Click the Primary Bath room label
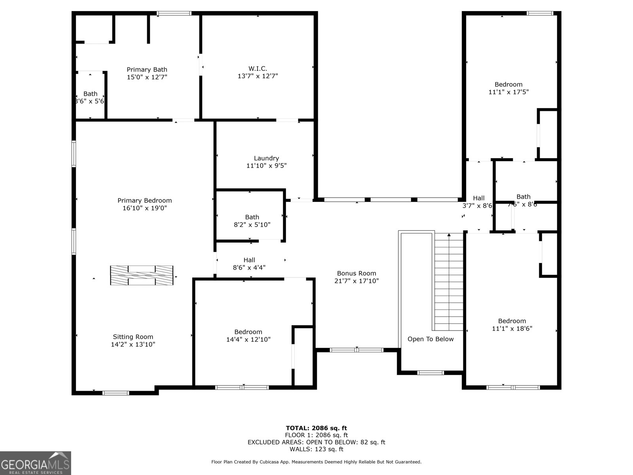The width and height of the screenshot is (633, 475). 147,70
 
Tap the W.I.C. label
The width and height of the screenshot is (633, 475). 258,68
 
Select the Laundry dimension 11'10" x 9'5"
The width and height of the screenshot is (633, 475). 266,166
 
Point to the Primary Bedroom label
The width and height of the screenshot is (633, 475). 144,200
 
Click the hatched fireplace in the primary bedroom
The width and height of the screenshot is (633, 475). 142,275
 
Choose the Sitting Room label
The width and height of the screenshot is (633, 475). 133,337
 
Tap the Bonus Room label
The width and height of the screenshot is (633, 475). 356,273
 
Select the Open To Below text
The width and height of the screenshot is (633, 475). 430,339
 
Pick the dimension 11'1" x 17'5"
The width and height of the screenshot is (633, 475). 508,92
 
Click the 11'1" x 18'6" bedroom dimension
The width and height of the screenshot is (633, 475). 512,329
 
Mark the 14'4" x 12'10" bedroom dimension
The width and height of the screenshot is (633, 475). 248,340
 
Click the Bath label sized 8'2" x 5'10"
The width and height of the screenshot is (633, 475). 252,217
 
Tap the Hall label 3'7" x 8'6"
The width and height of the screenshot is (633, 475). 478,198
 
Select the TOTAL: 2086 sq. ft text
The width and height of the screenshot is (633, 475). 316,428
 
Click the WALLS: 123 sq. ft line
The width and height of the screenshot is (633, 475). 316,449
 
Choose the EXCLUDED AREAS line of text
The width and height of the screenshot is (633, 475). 316,442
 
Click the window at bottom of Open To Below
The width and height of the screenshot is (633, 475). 431,372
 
